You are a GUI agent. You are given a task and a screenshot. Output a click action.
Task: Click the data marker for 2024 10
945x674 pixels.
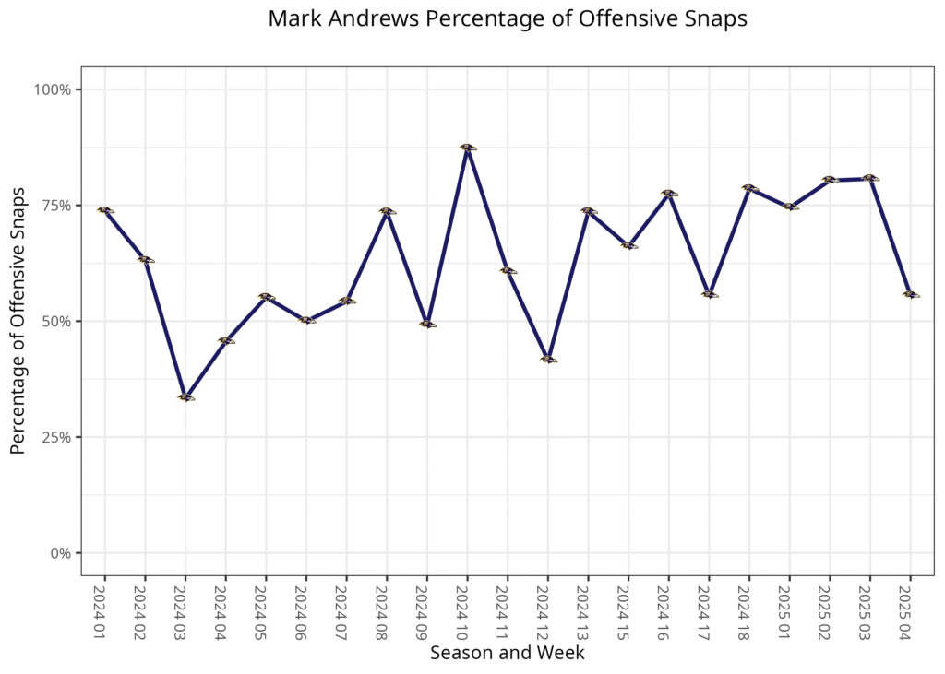467,148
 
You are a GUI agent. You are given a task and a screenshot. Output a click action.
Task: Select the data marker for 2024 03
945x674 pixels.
185,397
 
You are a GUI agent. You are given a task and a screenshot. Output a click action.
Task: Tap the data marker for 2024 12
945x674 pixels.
548,360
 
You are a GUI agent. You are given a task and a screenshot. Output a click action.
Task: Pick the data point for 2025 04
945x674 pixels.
910,294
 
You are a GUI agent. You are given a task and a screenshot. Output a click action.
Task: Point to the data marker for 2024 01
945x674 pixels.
104,210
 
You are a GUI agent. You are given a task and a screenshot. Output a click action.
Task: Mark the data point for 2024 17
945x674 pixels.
709,294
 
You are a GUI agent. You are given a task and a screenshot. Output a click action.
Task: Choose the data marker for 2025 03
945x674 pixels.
869,178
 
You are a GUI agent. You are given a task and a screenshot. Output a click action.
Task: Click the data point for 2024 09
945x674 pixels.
426,325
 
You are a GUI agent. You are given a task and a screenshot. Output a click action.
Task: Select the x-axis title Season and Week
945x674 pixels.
507,653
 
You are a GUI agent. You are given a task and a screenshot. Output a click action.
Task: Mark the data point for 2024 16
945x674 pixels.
668,194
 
